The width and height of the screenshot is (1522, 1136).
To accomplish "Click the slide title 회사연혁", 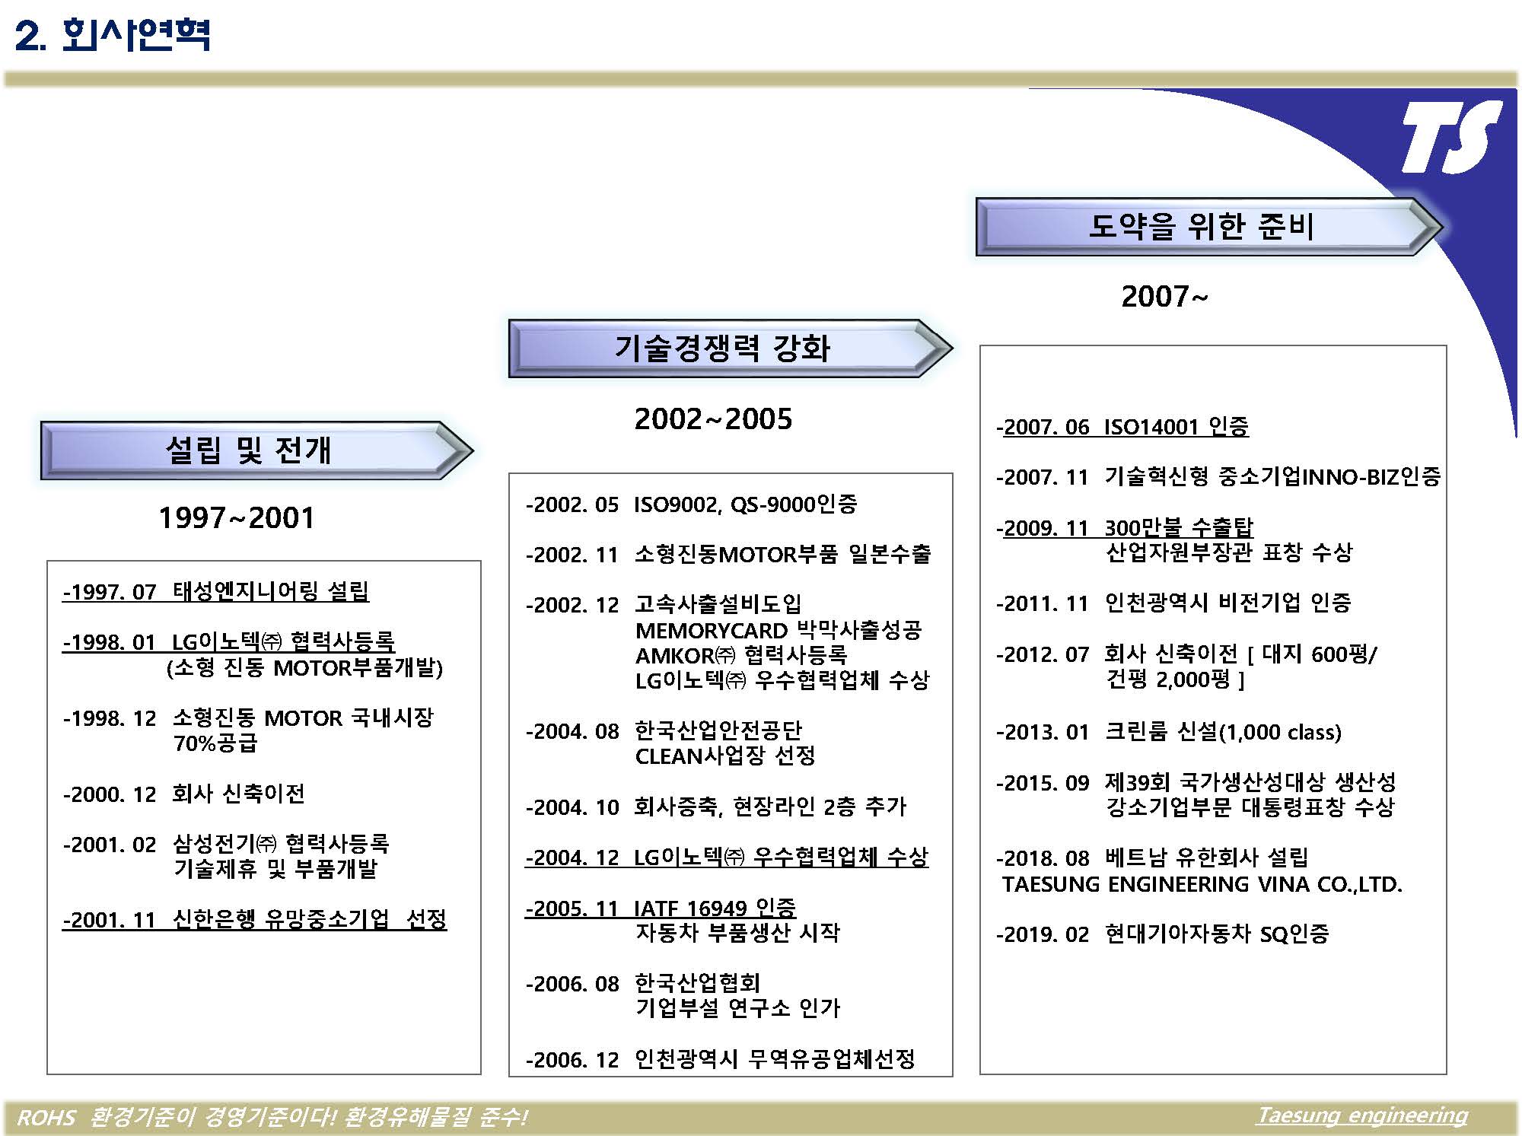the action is point(135,35).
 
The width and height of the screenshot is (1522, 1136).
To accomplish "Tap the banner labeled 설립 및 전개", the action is point(256,450).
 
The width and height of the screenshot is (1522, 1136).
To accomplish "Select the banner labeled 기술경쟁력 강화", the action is point(730,348).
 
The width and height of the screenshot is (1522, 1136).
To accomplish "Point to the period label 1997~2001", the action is point(237,518).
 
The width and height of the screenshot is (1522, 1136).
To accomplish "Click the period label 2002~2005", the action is point(713,418).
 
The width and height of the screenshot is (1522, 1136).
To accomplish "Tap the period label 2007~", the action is point(1164,297).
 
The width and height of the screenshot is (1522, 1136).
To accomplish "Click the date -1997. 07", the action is point(110,591).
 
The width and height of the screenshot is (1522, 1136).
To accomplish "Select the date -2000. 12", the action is point(110,794).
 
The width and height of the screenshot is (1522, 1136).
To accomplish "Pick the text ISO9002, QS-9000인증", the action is point(746,504).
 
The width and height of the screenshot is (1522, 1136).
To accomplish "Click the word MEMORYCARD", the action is point(712,631).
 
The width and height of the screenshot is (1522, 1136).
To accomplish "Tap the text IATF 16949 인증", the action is point(715,908).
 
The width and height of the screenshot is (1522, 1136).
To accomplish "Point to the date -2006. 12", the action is point(572,1060).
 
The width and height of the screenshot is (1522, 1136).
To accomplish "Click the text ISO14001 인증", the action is point(1177,427).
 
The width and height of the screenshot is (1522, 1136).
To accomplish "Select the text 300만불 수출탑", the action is point(1179,527).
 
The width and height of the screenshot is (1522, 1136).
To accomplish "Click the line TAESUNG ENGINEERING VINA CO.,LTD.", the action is point(1202,884).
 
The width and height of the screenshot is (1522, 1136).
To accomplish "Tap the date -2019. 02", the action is point(1043,934).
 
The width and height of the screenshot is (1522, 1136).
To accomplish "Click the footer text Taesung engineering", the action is point(1362,1115).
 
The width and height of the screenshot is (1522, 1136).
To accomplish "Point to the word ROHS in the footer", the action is point(46,1117).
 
